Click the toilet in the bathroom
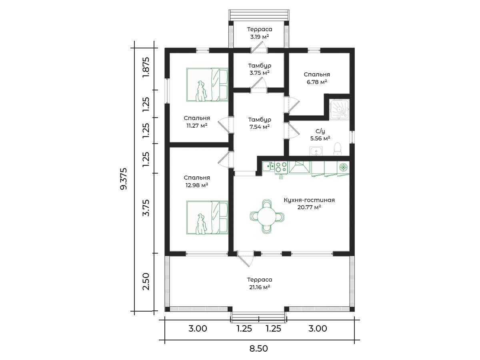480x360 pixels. [x=337, y=149]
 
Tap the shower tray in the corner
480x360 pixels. [x=339, y=110]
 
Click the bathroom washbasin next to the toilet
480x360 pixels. [x=316, y=151]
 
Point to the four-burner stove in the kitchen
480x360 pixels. [x=281, y=167]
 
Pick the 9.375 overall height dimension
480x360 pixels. [x=124, y=179]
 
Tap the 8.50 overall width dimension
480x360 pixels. [x=259, y=348]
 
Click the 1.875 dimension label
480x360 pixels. [x=146, y=67]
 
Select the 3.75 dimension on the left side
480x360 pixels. [x=146, y=208]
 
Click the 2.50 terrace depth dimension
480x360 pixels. [x=146, y=282]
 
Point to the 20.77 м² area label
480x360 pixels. [x=309, y=207]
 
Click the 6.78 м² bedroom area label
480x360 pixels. [x=317, y=82]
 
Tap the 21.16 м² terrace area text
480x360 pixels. [x=260, y=287]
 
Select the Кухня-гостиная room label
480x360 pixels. [x=309, y=200]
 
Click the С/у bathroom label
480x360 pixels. [x=320, y=131]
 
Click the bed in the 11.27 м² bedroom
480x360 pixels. [x=207, y=85]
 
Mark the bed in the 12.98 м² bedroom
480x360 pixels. [x=207, y=218]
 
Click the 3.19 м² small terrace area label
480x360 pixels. [x=260, y=37]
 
